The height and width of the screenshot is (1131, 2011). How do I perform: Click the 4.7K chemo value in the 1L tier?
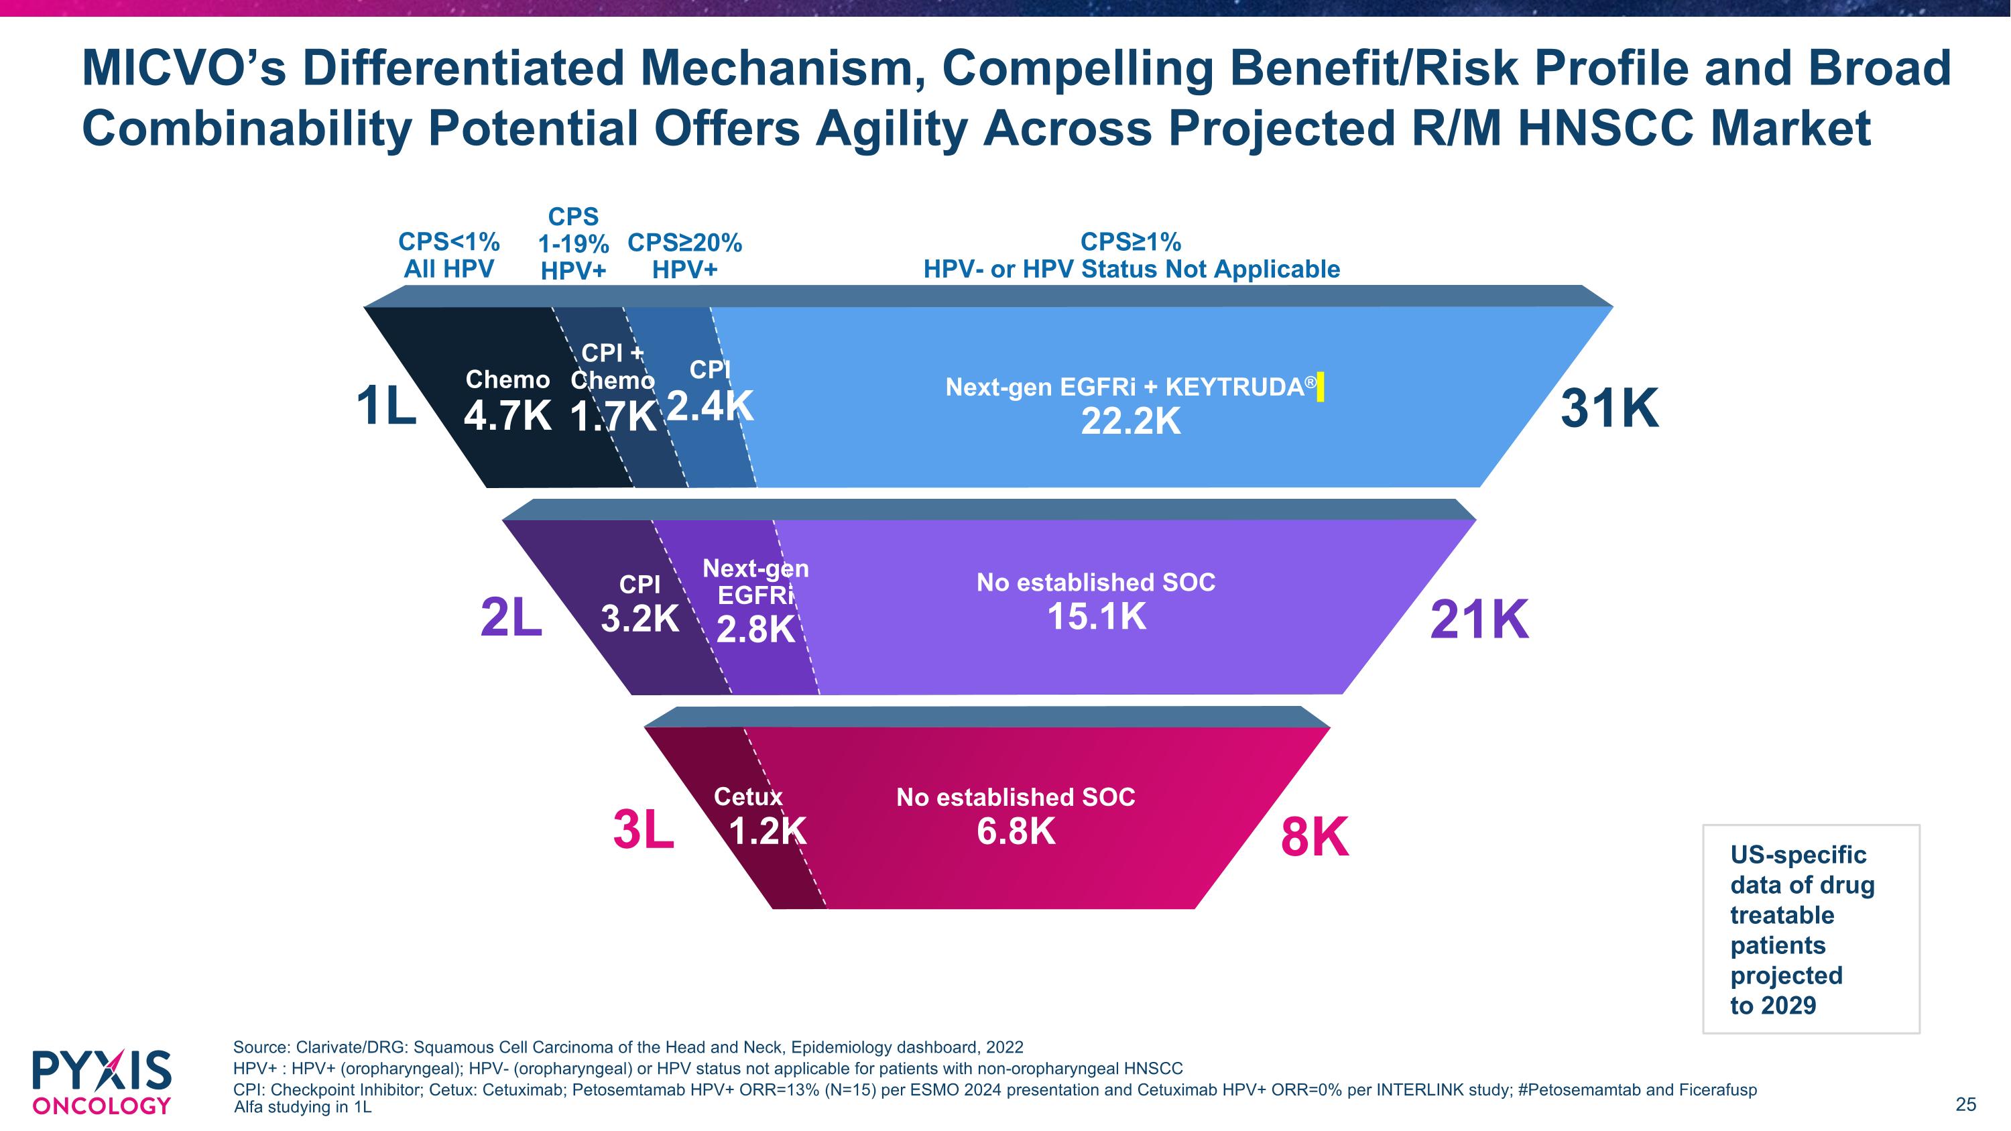tap(507, 414)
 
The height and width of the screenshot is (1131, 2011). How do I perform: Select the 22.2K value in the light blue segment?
tap(1130, 422)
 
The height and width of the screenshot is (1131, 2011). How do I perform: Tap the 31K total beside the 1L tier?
tap(1609, 408)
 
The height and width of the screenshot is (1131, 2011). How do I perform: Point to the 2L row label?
tap(511, 618)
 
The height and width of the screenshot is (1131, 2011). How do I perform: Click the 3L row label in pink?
tap(644, 831)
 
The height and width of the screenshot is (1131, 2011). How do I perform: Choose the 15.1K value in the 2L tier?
tap(1096, 617)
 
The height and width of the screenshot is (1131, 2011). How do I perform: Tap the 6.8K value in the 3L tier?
tap(1016, 831)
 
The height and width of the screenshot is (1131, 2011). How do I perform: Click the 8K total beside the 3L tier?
tap(1315, 838)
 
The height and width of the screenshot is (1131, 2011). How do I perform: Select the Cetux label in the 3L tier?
tap(748, 797)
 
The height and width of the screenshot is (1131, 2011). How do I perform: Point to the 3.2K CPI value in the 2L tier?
tap(639, 619)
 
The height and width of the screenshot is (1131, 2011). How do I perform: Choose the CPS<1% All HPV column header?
tap(449, 255)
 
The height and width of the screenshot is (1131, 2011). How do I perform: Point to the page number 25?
tap(1965, 1104)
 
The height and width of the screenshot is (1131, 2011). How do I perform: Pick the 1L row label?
tap(385, 408)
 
